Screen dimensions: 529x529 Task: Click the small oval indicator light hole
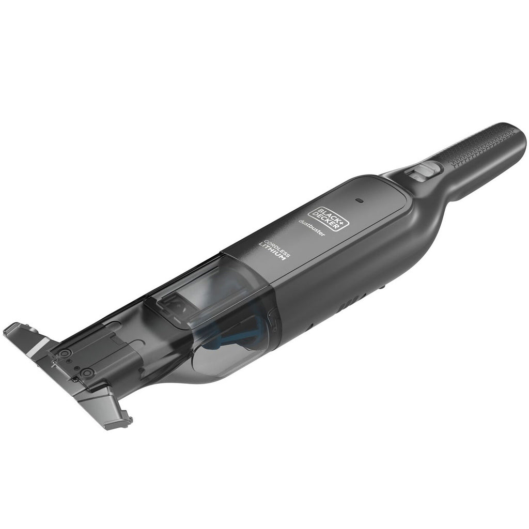pos(360,199)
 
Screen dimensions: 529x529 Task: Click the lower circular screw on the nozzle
pos(88,372)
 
